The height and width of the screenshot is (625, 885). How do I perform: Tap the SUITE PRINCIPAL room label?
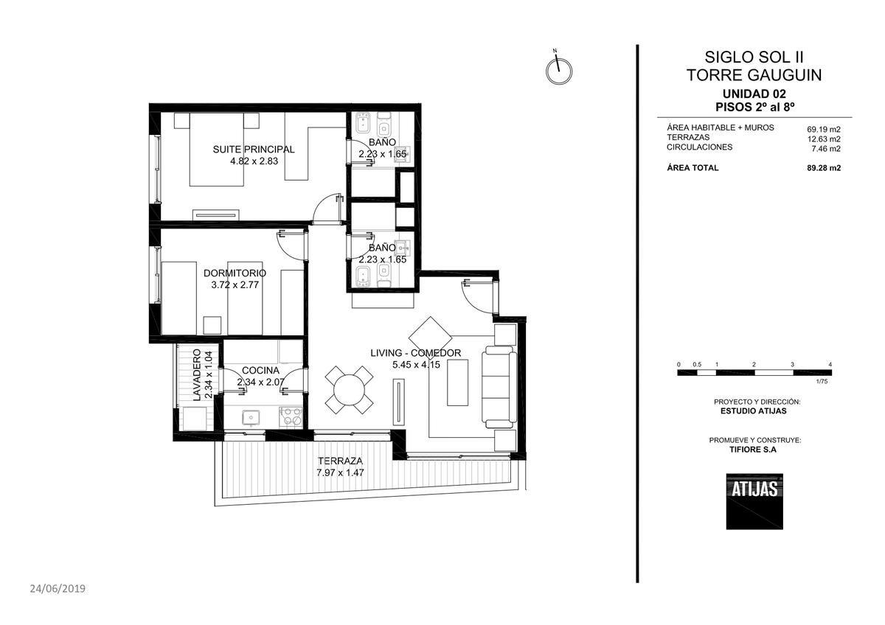tap(254, 150)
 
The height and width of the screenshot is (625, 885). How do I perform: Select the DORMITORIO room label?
tap(235, 273)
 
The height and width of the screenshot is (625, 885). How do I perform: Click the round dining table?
tap(350, 390)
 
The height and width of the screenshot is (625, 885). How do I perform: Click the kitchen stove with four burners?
tap(291, 416)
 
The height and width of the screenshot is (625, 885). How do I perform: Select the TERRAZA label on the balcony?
tap(340, 461)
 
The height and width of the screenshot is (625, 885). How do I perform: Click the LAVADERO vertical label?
tap(196, 375)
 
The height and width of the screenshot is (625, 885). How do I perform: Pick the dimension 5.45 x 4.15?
tap(416, 365)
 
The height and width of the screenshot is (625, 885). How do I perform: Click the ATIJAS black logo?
tap(754, 501)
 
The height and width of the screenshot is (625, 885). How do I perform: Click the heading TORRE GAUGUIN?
tap(754, 75)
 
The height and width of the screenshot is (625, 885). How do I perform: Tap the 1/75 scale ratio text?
tap(822, 381)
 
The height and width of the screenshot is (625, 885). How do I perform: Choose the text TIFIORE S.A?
tap(753, 450)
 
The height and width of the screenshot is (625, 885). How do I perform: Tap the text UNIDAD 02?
tap(754, 94)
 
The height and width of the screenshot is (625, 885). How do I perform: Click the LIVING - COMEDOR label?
tap(416, 353)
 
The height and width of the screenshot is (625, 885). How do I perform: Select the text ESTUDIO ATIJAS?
tap(754, 411)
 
